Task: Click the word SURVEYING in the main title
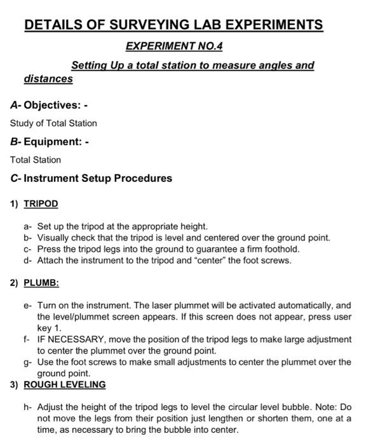(x=152, y=25)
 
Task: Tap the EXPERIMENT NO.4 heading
(x=175, y=46)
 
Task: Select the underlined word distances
(x=48, y=79)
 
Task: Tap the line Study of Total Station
(x=53, y=123)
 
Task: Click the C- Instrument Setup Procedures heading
(x=91, y=178)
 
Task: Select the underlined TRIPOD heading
(x=41, y=204)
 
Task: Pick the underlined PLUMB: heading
(x=41, y=282)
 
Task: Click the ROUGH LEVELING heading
(x=65, y=385)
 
